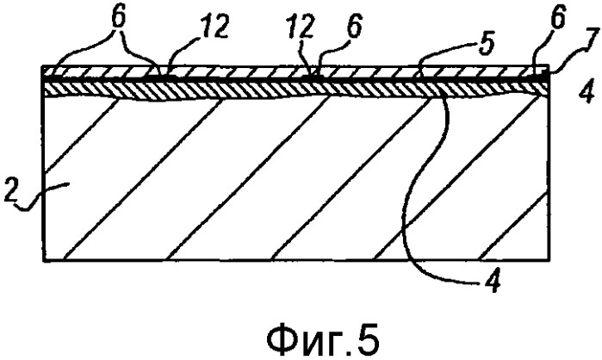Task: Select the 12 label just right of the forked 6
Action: point(216,25)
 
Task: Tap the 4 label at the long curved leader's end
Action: point(493,282)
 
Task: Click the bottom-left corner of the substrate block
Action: point(43,261)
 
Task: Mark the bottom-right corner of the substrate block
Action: point(548,261)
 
